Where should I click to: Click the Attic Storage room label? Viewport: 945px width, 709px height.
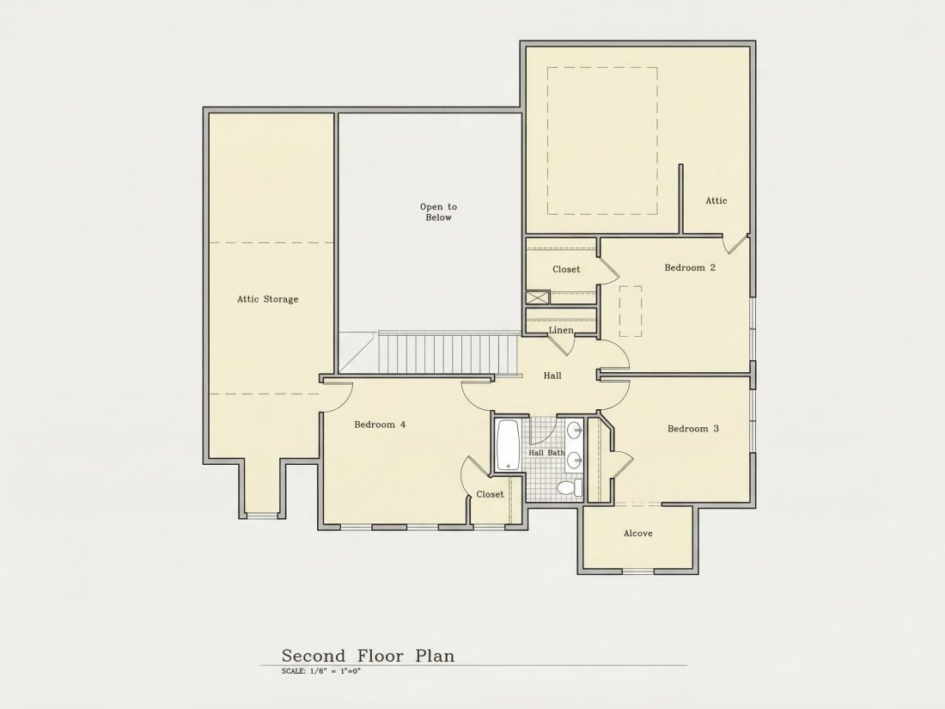pyautogui.click(x=267, y=299)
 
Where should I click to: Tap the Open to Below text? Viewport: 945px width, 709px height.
pyautogui.click(x=439, y=212)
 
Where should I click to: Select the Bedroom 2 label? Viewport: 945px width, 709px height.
pyautogui.click(x=690, y=267)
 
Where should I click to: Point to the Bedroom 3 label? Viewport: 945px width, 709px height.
pyautogui.click(x=693, y=429)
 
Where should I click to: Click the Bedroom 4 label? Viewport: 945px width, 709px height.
pyautogui.click(x=380, y=425)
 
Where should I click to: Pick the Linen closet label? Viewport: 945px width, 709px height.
pyautogui.click(x=561, y=330)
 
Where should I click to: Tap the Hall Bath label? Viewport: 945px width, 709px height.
pyautogui.click(x=546, y=453)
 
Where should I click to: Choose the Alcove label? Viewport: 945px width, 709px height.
pyautogui.click(x=638, y=534)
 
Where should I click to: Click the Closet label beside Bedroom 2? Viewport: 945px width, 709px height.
pyautogui.click(x=566, y=270)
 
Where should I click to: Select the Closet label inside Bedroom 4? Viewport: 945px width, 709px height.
pyautogui.click(x=490, y=494)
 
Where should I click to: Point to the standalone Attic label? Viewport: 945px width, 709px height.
pyautogui.click(x=716, y=201)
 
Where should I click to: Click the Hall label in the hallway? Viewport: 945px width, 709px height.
pyautogui.click(x=552, y=376)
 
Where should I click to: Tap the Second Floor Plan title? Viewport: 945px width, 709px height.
pyautogui.click(x=369, y=656)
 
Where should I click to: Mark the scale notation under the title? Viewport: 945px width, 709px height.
pyautogui.click(x=321, y=671)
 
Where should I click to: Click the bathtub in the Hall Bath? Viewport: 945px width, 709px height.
pyautogui.click(x=508, y=444)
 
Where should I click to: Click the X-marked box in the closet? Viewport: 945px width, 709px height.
pyautogui.click(x=538, y=297)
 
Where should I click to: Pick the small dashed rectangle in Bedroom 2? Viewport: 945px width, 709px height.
pyautogui.click(x=631, y=311)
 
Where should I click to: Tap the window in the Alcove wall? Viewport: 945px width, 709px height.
pyautogui.click(x=638, y=571)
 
